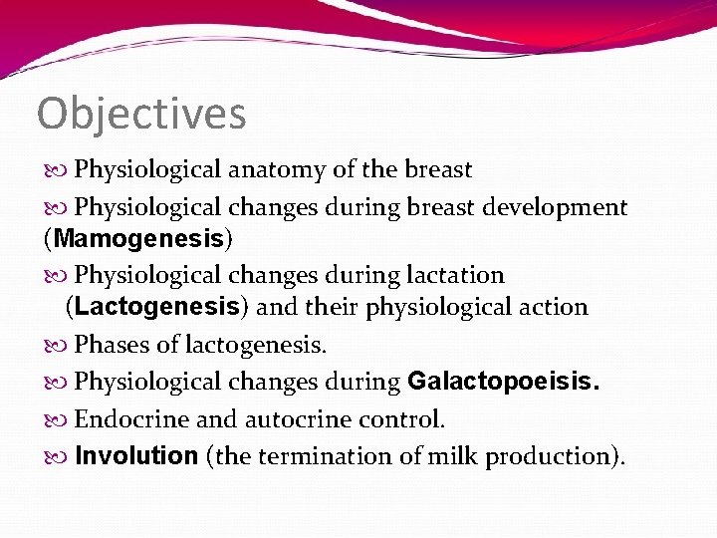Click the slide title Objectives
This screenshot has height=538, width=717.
pyautogui.click(x=141, y=114)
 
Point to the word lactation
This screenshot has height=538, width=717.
pyautogui.click(x=457, y=274)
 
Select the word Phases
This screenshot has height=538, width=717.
pyautogui.click(x=110, y=345)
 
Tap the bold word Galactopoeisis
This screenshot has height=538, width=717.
pyautogui.click(x=504, y=382)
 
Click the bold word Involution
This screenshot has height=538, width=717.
pyautogui.click(x=136, y=456)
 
